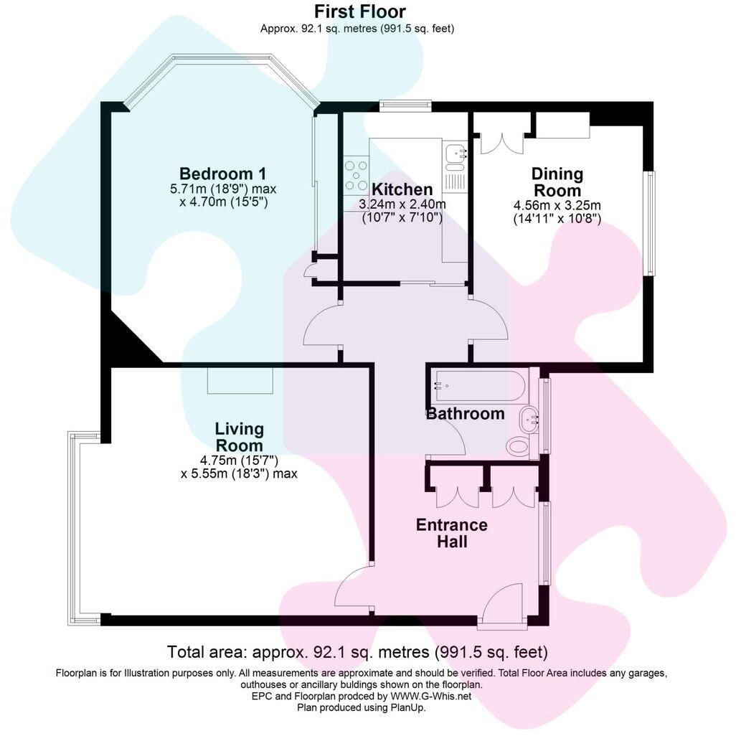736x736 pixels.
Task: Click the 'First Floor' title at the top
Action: click(x=359, y=11)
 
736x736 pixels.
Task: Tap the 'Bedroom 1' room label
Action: click(x=222, y=174)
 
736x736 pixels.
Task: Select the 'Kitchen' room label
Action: click(x=402, y=189)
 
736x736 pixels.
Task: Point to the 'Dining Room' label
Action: click(x=557, y=182)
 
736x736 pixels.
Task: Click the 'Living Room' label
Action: click(x=240, y=437)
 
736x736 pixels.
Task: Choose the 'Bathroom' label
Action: click(x=466, y=414)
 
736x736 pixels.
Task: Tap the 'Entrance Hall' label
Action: click(x=451, y=533)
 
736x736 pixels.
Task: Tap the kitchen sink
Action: click(x=455, y=154)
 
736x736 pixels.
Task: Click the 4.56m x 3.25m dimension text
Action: click(x=557, y=205)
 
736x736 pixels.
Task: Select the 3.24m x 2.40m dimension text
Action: click(x=402, y=204)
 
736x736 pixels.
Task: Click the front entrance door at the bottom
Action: click(x=502, y=606)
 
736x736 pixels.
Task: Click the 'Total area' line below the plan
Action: click(x=357, y=652)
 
